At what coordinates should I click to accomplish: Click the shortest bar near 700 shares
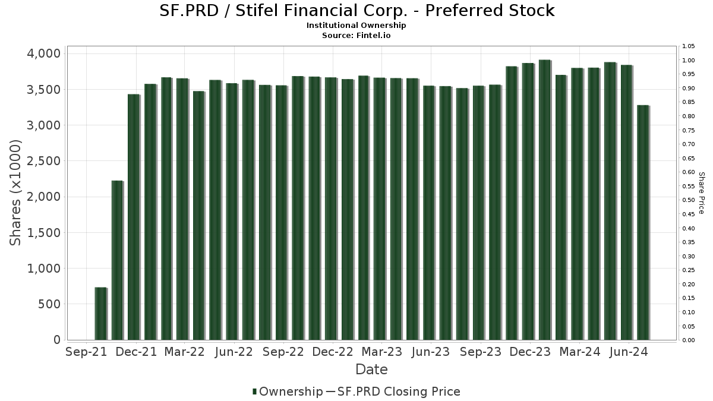(x=100, y=314)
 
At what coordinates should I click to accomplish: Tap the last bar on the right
(x=643, y=223)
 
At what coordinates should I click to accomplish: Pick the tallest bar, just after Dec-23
(x=544, y=200)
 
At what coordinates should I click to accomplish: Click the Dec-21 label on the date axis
(x=137, y=352)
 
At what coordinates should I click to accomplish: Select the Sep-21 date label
(x=87, y=352)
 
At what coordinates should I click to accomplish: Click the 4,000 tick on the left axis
(x=45, y=53)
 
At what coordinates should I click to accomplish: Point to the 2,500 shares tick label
(x=45, y=161)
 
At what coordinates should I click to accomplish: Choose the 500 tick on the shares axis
(x=49, y=304)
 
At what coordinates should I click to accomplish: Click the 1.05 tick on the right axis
(x=689, y=46)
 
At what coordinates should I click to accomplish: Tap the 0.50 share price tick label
(x=689, y=200)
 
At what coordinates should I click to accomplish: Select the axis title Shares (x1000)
(x=16, y=193)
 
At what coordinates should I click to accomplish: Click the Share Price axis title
(x=701, y=193)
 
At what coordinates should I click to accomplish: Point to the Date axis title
(x=371, y=370)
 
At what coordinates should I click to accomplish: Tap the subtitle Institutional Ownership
(x=356, y=26)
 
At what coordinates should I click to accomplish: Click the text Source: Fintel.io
(x=356, y=35)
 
